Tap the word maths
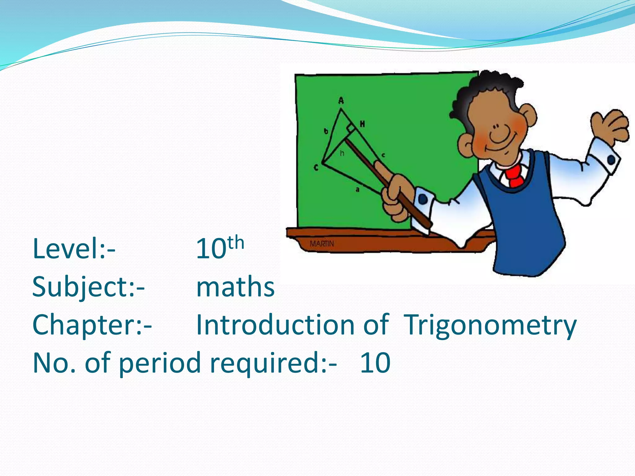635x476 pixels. coord(235,287)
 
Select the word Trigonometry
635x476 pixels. coord(490,325)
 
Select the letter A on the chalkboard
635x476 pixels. coord(341,100)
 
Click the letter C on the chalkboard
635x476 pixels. coord(316,168)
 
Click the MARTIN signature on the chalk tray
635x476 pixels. coord(322,244)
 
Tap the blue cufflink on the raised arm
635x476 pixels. coord(611,160)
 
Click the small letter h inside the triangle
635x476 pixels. coord(342,153)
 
